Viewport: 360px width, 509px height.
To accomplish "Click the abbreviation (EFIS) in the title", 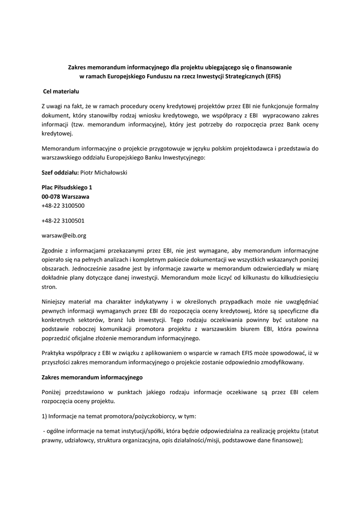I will point(272,77).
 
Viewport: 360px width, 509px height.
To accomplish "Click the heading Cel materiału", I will point(61,91).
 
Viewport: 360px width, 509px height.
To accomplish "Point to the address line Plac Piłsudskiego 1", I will point(67,187).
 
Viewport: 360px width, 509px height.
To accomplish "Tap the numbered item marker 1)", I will point(45,416).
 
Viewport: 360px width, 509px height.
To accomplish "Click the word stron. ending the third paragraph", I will point(49,287).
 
